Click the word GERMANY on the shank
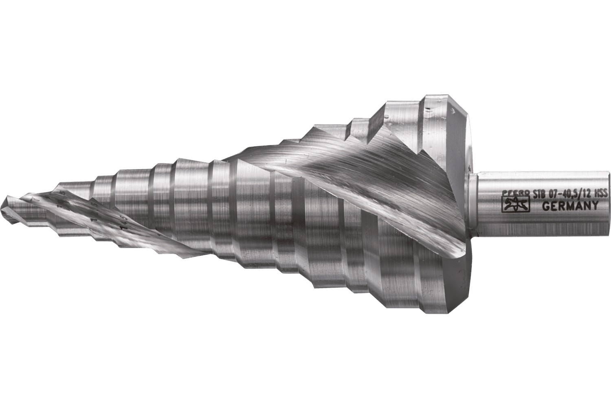[570, 206]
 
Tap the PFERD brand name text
[514, 194]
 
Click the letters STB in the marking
[538, 195]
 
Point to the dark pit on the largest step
[429, 109]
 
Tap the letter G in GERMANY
[546, 207]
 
